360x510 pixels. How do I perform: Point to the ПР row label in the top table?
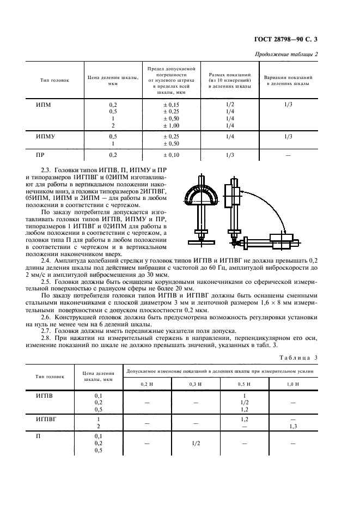tap(40, 155)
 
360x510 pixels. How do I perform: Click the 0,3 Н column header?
tap(195, 385)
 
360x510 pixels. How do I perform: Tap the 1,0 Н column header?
tap(293, 385)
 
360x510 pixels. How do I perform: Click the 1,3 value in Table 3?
tap(293, 426)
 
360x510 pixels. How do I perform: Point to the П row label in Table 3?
tap(38, 436)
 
